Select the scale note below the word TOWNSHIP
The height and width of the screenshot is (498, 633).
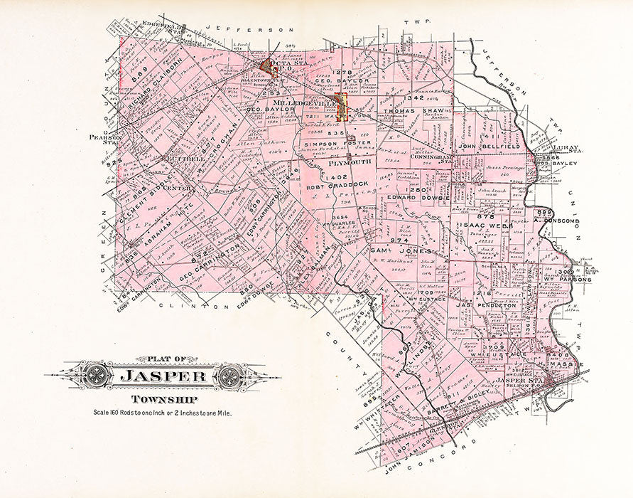coord(163,413)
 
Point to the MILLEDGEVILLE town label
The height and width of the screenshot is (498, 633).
coord(303,103)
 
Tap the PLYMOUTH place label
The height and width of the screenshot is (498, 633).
coord(348,162)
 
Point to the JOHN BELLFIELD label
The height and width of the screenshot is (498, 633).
coord(489,146)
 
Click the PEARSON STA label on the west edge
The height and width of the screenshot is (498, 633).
coord(102,139)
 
